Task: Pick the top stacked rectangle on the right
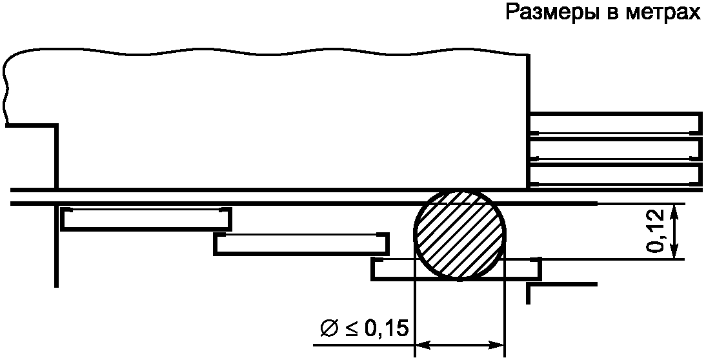click(616, 125)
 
